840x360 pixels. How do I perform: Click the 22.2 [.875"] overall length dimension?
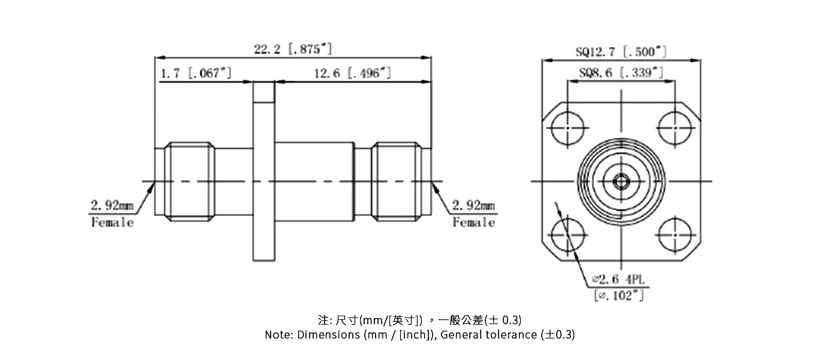click(x=293, y=49)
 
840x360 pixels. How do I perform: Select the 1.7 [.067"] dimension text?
click(x=196, y=73)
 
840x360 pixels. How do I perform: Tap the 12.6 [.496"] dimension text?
click(x=353, y=73)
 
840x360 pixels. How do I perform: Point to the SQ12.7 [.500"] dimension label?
click(x=621, y=52)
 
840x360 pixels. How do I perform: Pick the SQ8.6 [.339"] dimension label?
click(x=621, y=73)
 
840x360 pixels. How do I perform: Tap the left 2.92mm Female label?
click(x=112, y=214)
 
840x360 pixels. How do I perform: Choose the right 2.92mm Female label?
click(x=473, y=214)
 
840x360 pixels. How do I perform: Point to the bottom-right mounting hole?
click(x=675, y=235)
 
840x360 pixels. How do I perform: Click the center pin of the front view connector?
click(x=621, y=180)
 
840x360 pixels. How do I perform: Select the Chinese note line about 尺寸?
click(x=419, y=319)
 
